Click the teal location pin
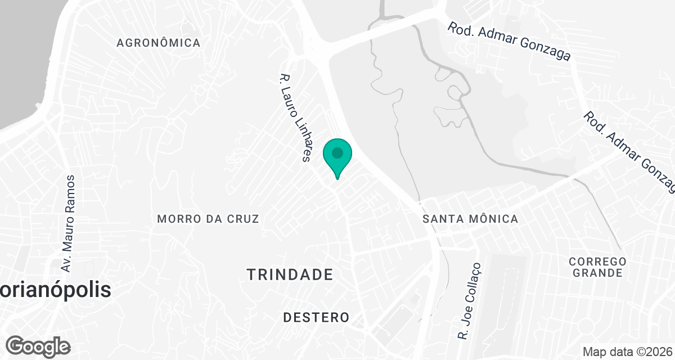[x=337, y=156]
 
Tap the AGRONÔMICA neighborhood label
[x=158, y=43]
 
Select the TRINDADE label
[x=290, y=274]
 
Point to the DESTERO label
[x=316, y=318]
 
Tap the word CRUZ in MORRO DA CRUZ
[x=244, y=219]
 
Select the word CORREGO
[x=597, y=262]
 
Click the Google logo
[x=38, y=346]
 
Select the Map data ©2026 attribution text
[x=627, y=352]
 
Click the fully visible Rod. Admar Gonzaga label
[x=509, y=41]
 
